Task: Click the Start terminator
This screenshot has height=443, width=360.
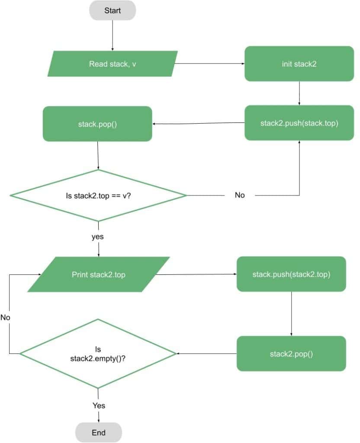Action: pyautogui.click(x=112, y=10)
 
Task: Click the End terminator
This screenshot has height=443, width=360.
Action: pyautogui.click(x=99, y=432)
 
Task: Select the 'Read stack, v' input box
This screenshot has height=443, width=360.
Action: pyautogui.click(x=112, y=64)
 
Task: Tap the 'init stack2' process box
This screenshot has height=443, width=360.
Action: pyautogui.click(x=299, y=64)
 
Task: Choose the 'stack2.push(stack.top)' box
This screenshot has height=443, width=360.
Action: pyautogui.click(x=299, y=123)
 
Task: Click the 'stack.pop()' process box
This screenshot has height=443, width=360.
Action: pyautogui.click(x=97, y=124)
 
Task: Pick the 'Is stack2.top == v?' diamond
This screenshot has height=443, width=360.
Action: pyautogui.click(x=98, y=195)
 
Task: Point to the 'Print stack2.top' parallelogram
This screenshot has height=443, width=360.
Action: pyautogui.click(x=99, y=274)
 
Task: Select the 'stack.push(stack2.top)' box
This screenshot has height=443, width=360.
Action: pyautogui.click(x=291, y=274)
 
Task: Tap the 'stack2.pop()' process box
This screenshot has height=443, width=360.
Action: pyautogui.click(x=291, y=353)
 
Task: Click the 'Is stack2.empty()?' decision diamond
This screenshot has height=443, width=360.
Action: pyautogui.click(x=98, y=353)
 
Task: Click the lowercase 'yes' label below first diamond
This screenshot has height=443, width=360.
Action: pyautogui.click(x=98, y=237)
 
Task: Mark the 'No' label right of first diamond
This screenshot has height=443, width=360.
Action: pyautogui.click(x=240, y=195)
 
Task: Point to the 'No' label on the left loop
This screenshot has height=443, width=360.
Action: pyautogui.click(x=5, y=317)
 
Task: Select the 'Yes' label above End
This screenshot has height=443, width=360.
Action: pyautogui.click(x=99, y=405)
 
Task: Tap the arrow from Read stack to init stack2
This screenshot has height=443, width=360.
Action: pyautogui.click(x=209, y=64)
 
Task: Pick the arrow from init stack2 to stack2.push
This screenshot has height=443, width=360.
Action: pyautogui.click(x=299, y=93)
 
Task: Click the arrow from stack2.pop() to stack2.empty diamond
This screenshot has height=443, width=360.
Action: pyautogui.click(x=206, y=353)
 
